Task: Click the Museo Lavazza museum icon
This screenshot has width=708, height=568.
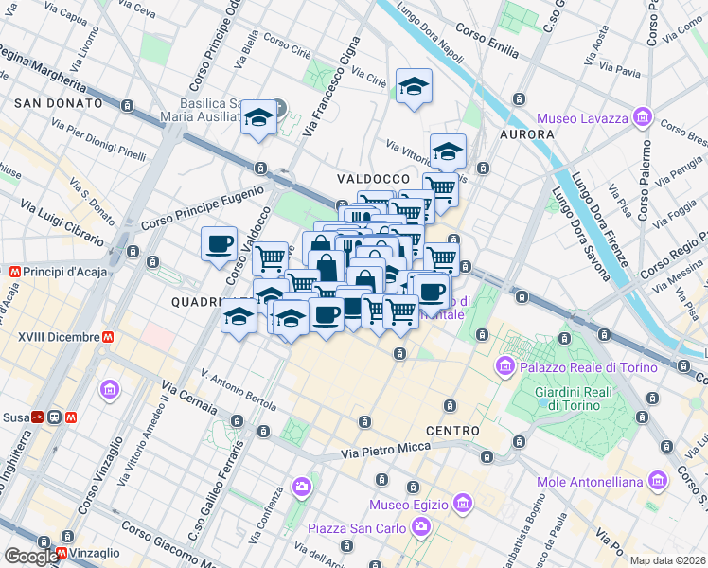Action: pos(644,117)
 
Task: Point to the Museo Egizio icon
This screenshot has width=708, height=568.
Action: pos(462,503)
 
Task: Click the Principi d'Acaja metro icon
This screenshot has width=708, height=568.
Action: pos(14,272)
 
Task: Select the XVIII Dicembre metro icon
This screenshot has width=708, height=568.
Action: pos(109,336)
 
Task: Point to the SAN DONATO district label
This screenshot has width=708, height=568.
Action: pos(58,102)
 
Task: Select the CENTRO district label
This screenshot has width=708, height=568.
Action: pos(451,431)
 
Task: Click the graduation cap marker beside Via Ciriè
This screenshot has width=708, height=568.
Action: pos(414,88)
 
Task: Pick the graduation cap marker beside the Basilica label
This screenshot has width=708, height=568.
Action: pos(257,118)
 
